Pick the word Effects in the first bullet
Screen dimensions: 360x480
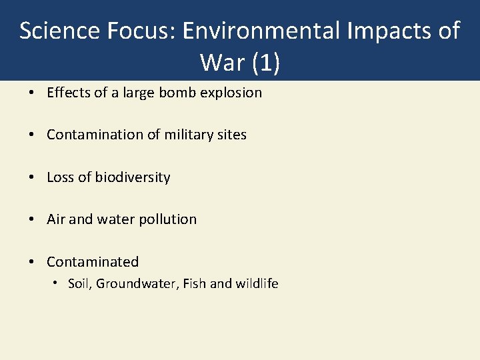pyautogui.click(x=67, y=93)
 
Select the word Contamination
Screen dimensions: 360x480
pyautogui.click(x=95, y=135)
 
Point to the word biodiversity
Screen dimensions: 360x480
pyautogui.click(x=132, y=177)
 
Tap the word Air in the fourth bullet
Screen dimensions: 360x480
pyautogui.click(x=56, y=219)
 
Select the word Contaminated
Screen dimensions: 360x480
pyautogui.click(x=93, y=262)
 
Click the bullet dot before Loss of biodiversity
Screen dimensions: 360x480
pyautogui.click(x=32, y=177)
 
